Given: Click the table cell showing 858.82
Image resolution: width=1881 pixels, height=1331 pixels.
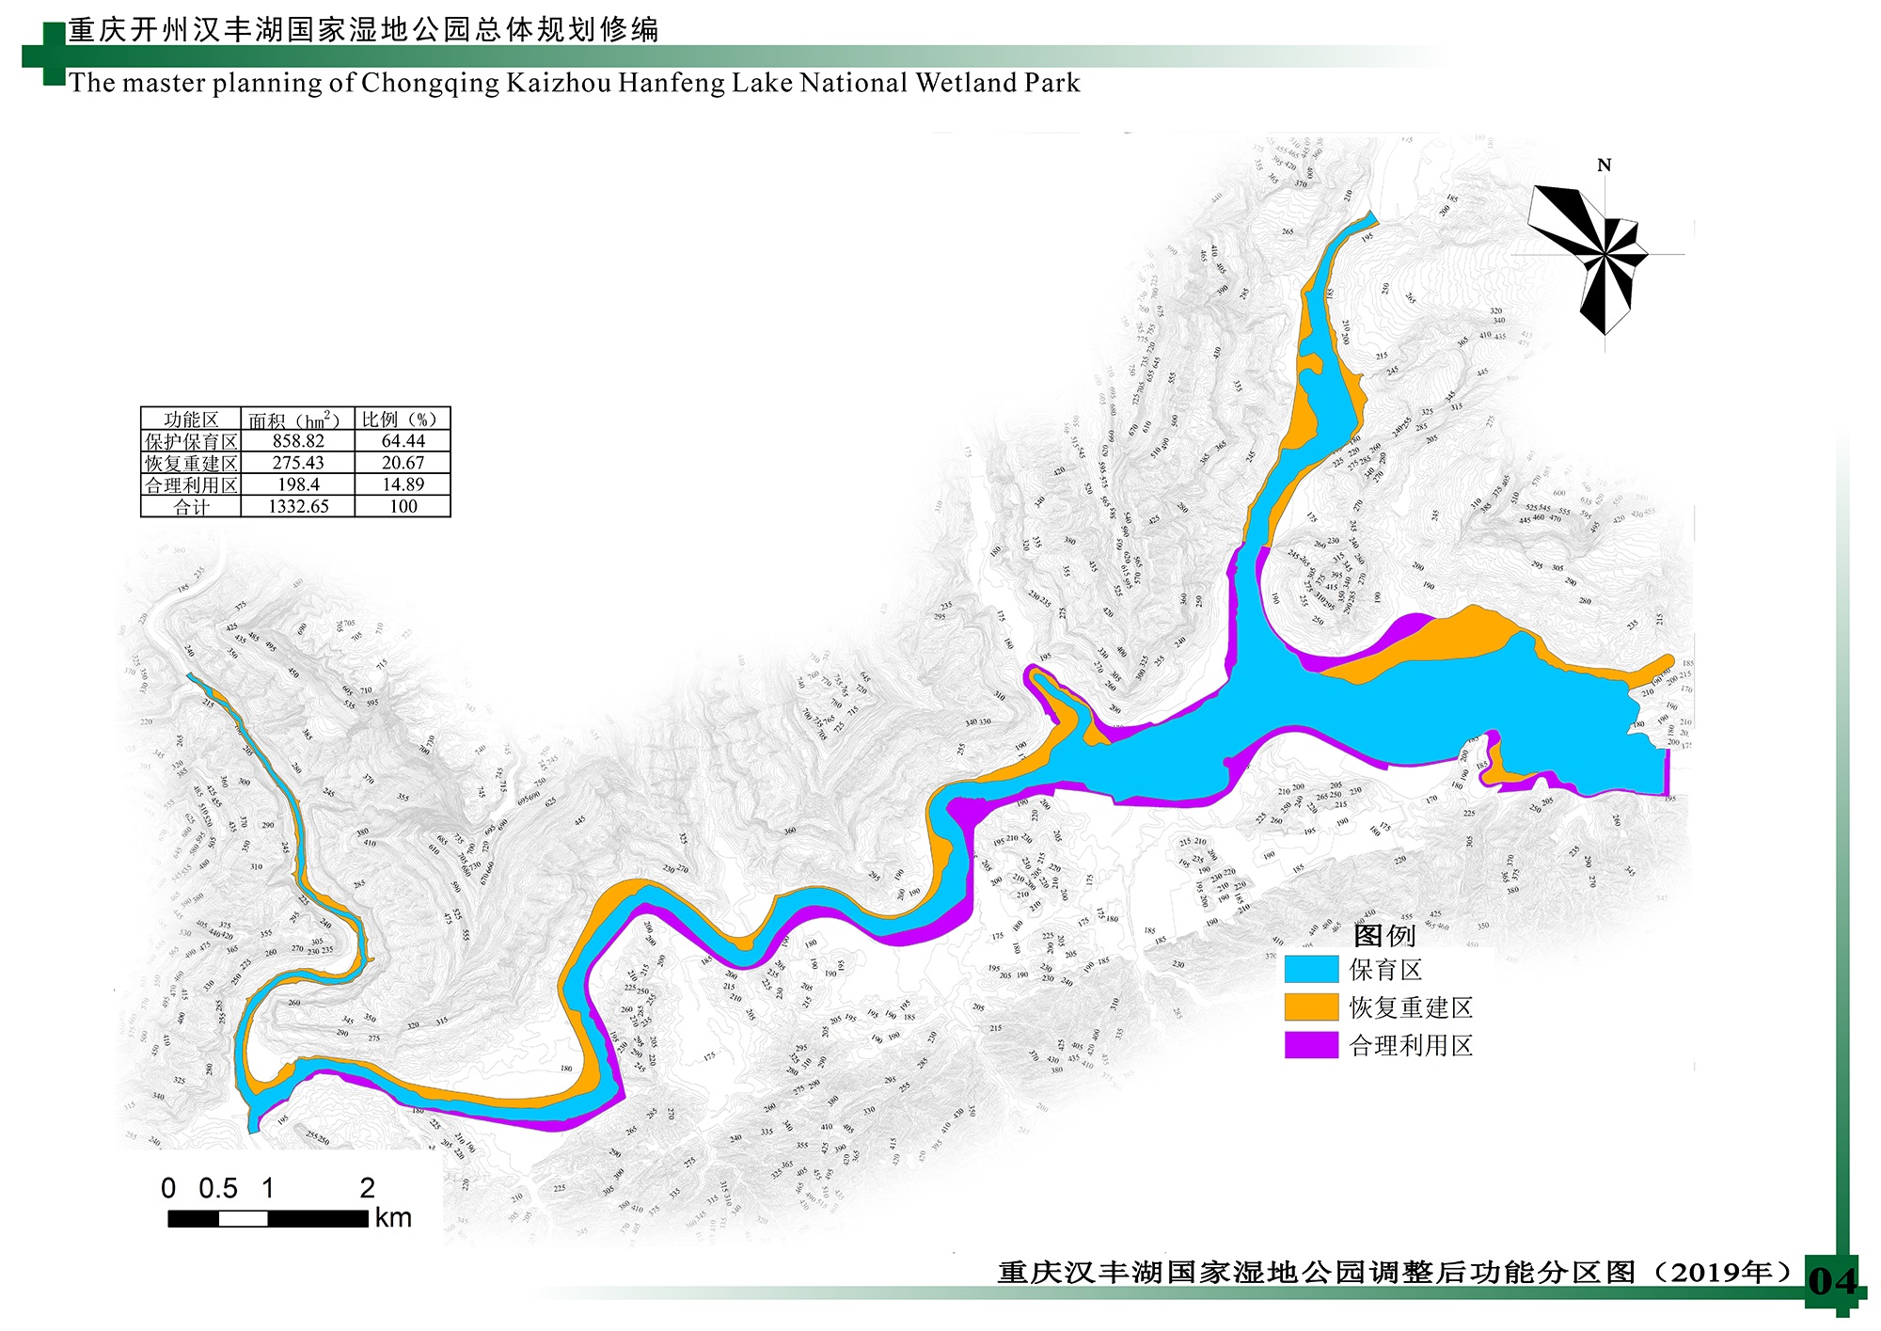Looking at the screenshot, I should coord(298,441).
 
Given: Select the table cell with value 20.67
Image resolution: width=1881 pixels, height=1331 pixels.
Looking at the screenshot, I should coord(403,463).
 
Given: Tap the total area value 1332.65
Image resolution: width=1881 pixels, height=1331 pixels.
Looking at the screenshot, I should coord(298,507).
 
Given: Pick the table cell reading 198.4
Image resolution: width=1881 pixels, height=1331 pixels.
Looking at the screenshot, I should coord(298,484).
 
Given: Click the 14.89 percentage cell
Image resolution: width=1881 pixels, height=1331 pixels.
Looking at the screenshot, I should coord(403,484).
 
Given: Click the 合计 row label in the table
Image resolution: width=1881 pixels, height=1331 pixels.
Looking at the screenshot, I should coord(191,507).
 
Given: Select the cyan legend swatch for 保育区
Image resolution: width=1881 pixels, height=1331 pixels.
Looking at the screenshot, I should coord(1311,969).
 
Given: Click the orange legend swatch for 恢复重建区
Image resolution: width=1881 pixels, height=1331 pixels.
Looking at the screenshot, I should coord(1311,1006).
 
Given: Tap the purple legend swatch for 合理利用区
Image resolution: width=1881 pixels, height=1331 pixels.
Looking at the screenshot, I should coord(1311,1045).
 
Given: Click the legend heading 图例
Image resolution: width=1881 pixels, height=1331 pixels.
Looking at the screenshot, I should coord(1383,935).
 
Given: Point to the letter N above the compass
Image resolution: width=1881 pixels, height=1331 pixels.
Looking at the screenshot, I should coord(1604,166).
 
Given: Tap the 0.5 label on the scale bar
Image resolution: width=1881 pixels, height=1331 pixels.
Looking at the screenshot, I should coord(218,1189).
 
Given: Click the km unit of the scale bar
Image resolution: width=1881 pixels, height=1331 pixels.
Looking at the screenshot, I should coord(393,1218).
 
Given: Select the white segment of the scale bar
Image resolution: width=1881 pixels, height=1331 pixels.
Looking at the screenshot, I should coord(243,1219).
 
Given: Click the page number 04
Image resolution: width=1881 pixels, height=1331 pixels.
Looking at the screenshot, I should coord(1832,1281).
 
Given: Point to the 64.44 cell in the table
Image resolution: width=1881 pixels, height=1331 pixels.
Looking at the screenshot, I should coord(403,441).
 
